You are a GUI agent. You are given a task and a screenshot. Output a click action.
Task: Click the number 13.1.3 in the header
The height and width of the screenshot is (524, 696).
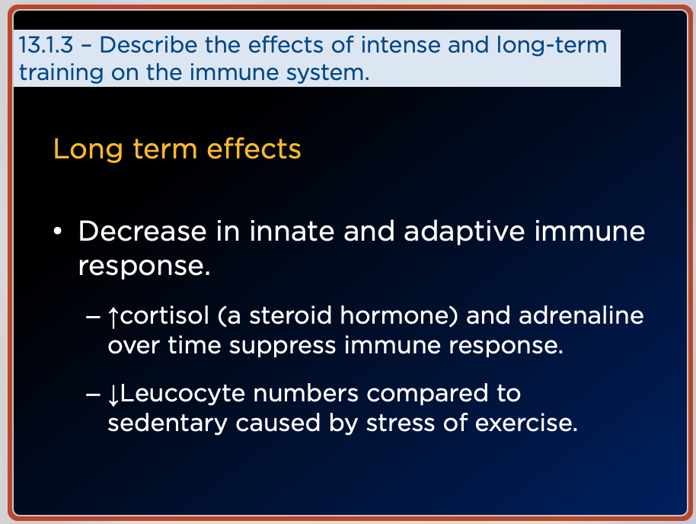(x=46, y=45)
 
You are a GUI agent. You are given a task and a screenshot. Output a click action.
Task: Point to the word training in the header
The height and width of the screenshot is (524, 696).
(x=61, y=73)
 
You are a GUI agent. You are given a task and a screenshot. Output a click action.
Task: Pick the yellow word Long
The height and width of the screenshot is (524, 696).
(x=88, y=150)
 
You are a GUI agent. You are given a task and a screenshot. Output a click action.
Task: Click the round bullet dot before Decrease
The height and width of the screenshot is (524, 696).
(x=57, y=232)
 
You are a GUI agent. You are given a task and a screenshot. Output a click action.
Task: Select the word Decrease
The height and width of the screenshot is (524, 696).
(x=142, y=232)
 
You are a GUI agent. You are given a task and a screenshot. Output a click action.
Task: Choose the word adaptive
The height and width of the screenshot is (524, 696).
(x=465, y=232)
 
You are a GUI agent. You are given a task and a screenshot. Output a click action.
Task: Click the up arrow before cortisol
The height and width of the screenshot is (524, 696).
(x=113, y=317)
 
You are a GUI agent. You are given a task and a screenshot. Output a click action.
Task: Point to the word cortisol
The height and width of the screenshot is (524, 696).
(x=164, y=316)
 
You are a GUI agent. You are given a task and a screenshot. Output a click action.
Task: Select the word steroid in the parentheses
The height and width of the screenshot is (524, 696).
(x=290, y=316)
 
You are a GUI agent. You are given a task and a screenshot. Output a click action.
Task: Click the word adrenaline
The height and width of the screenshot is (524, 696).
(x=581, y=316)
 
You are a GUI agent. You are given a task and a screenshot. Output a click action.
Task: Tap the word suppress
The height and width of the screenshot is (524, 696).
(x=283, y=347)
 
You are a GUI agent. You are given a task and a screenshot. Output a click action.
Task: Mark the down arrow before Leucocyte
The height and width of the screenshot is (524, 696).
(x=113, y=395)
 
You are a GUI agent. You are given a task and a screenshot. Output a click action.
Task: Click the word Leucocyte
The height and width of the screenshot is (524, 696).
(x=183, y=395)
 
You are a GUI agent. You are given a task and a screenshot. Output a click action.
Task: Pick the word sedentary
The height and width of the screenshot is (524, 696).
(x=168, y=423)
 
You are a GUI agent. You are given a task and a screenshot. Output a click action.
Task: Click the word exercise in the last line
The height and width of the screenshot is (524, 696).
(x=526, y=423)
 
